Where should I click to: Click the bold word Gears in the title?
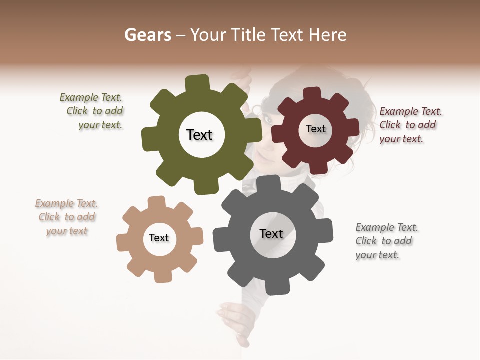click(147, 35)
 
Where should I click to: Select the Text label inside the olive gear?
click(199, 135)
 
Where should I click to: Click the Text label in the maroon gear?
click(315, 129)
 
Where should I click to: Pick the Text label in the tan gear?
click(159, 238)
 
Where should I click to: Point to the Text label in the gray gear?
click(271, 233)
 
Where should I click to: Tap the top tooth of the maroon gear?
click(312, 94)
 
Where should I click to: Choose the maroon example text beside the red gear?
click(410, 125)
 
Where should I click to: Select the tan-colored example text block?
click(67, 217)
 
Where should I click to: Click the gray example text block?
click(386, 241)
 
